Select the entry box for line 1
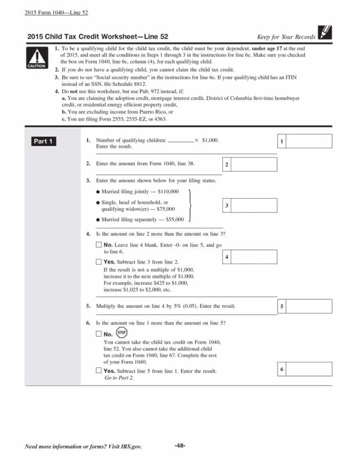[309, 141]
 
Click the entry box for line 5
[309, 306]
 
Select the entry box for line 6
[309, 369]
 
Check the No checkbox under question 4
[99, 245]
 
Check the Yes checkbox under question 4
[99, 262]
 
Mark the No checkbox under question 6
[99, 334]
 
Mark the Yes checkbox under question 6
[99, 370]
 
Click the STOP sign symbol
[122, 332]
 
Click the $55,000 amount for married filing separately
[174, 220]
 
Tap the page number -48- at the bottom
[180, 445]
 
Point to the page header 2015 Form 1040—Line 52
[56, 12]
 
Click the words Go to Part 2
[119, 378]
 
